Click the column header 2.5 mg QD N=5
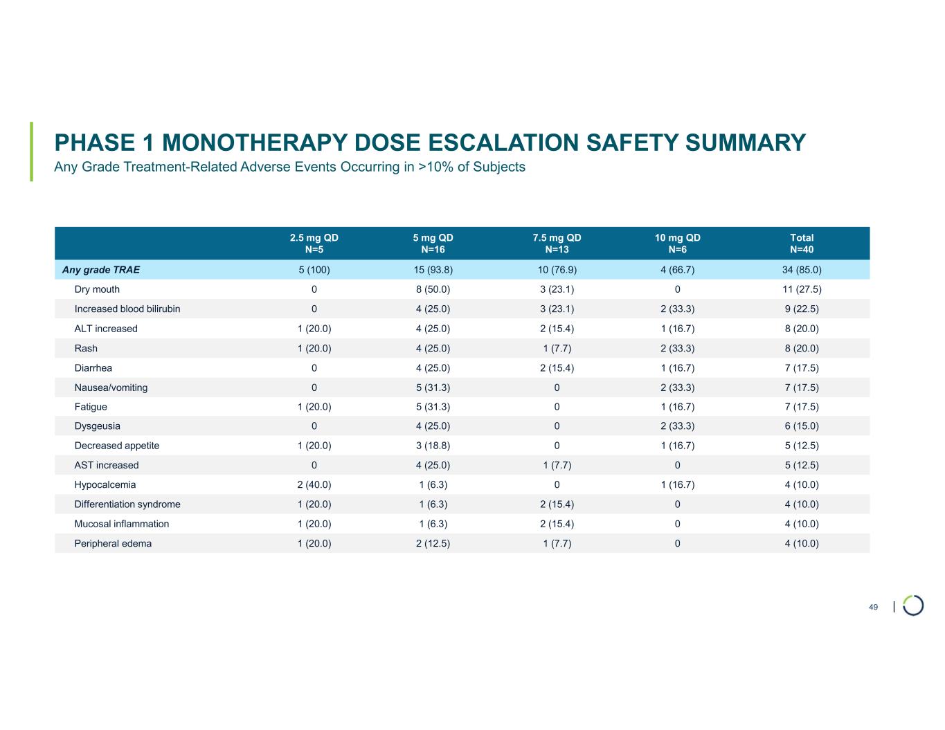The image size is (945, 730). pyautogui.click(x=314, y=244)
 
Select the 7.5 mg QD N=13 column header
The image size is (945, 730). pyautogui.click(x=557, y=244)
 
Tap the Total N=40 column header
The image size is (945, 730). pyautogui.click(x=802, y=244)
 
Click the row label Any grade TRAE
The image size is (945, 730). pyautogui.click(x=101, y=270)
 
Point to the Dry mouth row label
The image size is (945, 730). pyautogui.click(x=97, y=289)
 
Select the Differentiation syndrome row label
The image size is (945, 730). pyautogui.click(x=127, y=504)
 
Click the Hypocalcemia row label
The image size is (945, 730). pyautogui.click(x=105, y=485)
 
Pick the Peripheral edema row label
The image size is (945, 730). pyautogui.click(x=113, y=544)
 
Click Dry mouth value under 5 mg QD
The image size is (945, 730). pyautogui.click(x=433, y=289)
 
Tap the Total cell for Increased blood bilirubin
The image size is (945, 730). pyautogui.click(x=802, y=309)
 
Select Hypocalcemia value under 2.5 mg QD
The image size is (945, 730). pyautogui.click(x=314, y=485)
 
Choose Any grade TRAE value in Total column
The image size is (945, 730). pyautogui.click(x=802, y=270)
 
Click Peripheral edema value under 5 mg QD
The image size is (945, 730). pyautogui.click(x=433, y=544)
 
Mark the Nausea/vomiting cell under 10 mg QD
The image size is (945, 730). pyautogui.click(x=677, y=387)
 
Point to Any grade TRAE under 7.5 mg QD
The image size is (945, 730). pyautogui.click(x=557, y=270)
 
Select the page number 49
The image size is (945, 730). pyautogui.click(x=873, y=608)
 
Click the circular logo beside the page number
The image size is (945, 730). pyautogui.click(x=913, y=605)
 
